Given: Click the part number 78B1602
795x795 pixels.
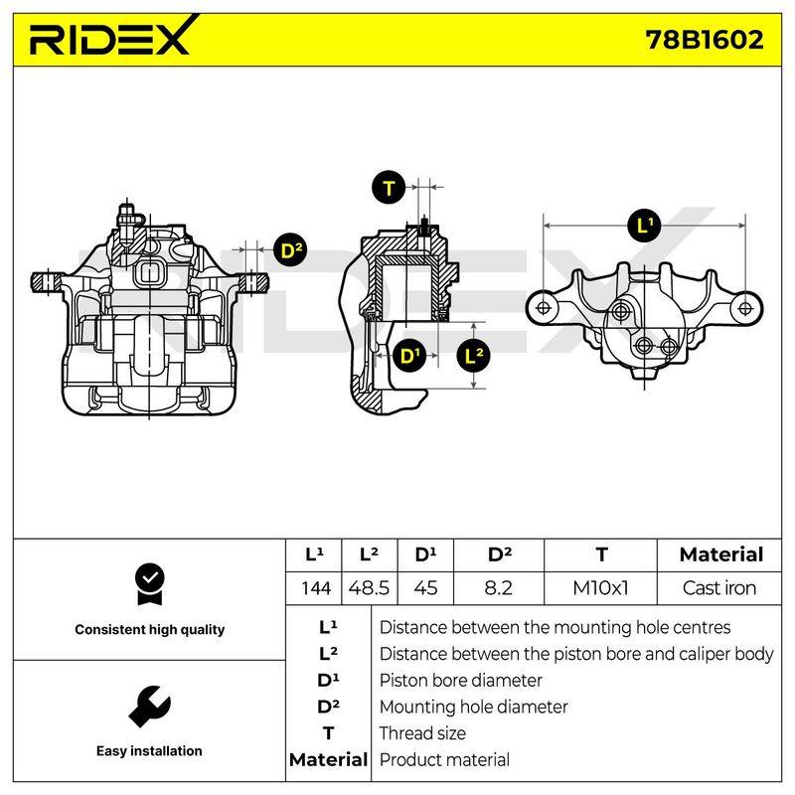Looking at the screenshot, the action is tap(705, 40).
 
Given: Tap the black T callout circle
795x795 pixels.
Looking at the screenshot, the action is tap(389, 188).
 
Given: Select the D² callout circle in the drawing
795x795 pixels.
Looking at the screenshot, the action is tap(291, 249).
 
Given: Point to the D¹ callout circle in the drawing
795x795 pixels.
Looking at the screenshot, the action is tap(409, 356).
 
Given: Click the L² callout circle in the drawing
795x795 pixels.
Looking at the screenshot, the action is tap(474, 356).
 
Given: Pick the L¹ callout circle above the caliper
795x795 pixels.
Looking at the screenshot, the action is tap(644, 226).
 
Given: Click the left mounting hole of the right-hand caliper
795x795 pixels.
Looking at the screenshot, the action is tap(543, 308).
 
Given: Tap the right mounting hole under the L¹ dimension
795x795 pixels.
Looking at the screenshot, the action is tap(745, 308).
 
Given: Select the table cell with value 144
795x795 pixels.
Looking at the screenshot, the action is tap(316, 588).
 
